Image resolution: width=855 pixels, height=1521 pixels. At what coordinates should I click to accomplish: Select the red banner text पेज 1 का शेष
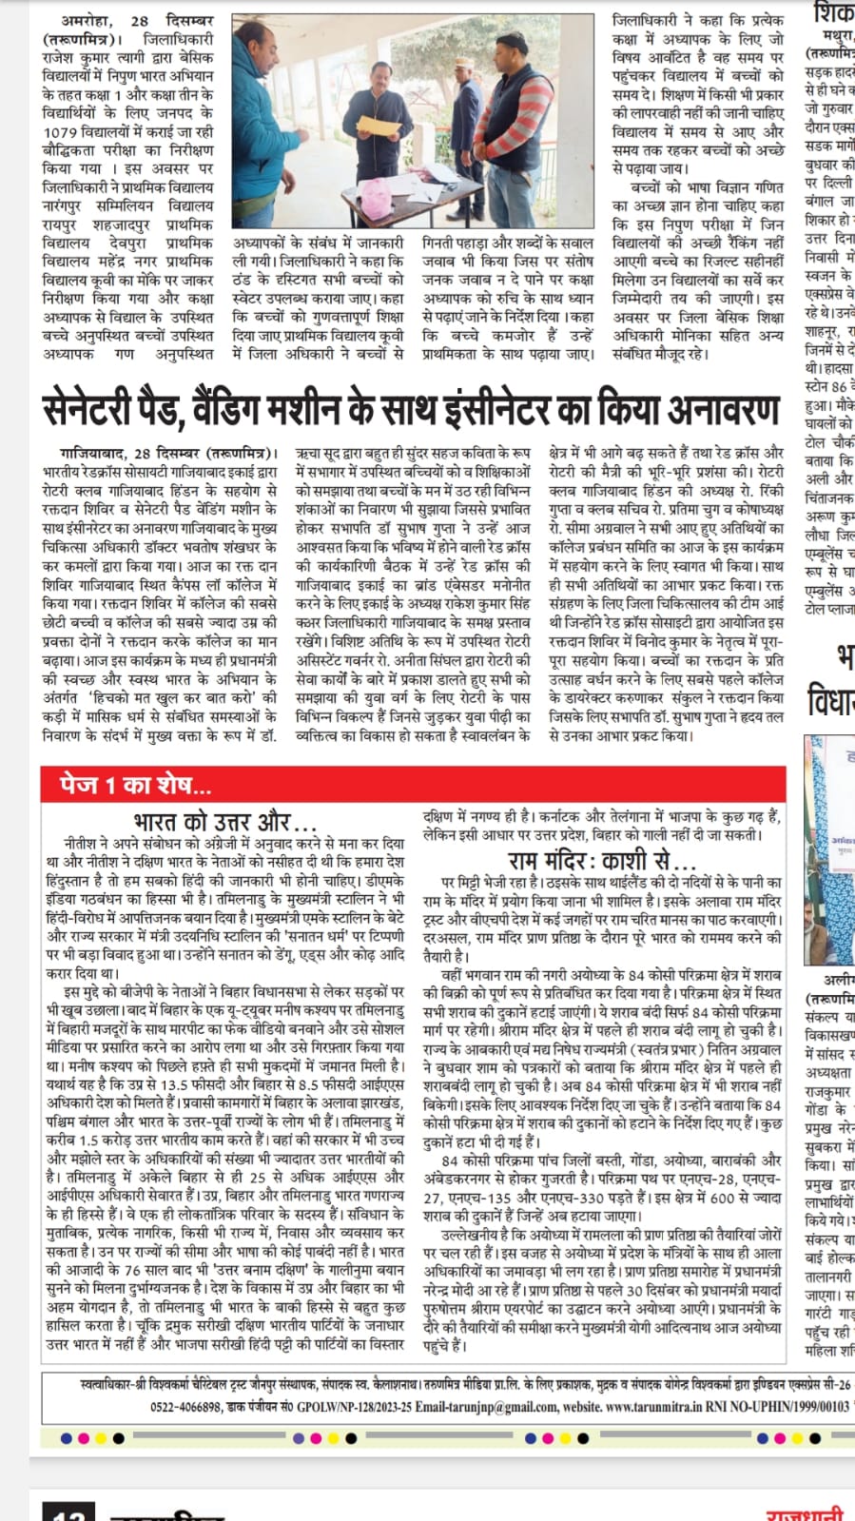tap(134, 785)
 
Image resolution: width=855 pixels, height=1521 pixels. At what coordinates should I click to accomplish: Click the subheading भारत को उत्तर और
tap(224, 821)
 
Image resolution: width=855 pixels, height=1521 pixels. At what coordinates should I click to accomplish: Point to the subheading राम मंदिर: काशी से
tap(602, 862)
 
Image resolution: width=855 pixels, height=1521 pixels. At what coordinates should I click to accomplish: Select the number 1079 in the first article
tap(61, 131)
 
